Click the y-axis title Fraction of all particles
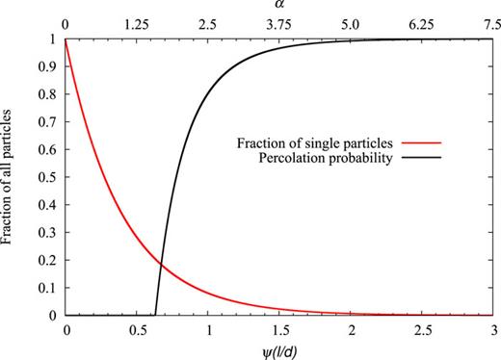pyautogui.click(x=9, y=177)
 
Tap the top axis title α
pyautogui.click(x=279, y=7)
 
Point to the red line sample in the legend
pyautogui.click(x=437, y=144)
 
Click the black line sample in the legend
pyautogui.click(x=437, y=159)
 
